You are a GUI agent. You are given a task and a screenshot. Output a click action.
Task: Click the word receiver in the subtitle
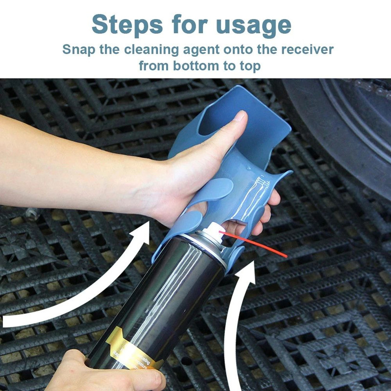pos(306,49)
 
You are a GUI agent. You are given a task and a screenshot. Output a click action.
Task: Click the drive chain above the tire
pos(371,88)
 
